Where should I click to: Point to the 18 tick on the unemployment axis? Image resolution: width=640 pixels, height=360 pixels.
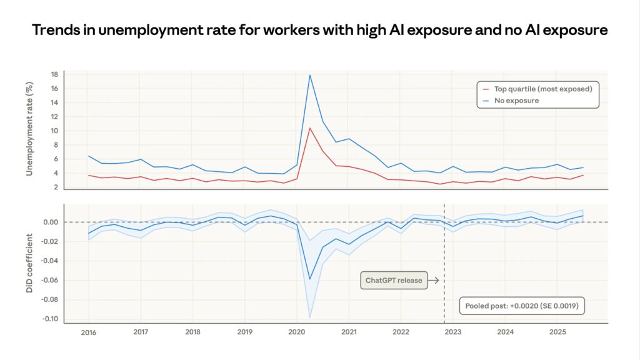click(x=54, y=74)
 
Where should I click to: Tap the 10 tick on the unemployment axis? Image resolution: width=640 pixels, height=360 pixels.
click(x=54, y=131)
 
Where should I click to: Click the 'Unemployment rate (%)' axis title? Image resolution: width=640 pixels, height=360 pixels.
click(x=29, y=128)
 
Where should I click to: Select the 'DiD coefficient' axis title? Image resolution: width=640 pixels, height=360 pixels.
click(x=29, y=262)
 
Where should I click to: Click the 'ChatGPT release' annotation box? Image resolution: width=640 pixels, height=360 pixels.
click(x=394, y=281)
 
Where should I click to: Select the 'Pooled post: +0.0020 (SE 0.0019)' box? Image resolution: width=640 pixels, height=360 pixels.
click(x=522, y=306)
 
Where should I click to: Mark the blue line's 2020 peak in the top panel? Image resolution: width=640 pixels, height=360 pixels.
click(x=310, y=75)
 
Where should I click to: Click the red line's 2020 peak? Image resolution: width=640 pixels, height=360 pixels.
click(x=310, y=128)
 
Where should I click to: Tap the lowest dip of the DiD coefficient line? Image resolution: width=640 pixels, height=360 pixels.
click(x=310, y=279)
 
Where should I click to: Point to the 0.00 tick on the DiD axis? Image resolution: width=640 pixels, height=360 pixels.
click(x=51, y=222)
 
